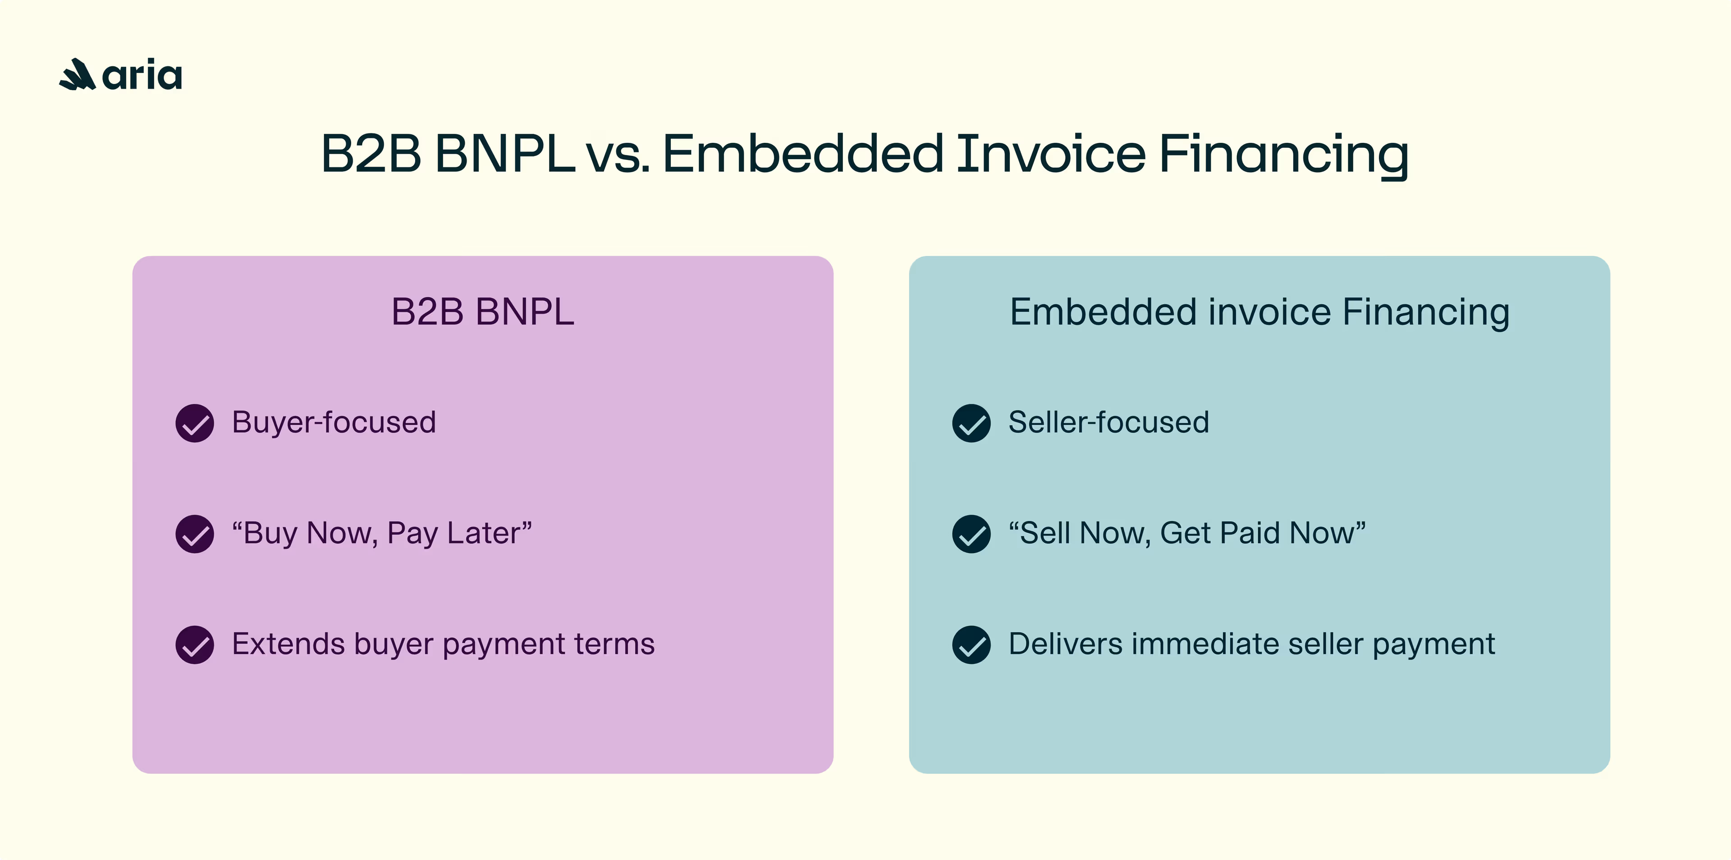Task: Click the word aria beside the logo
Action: [x=142, y=75]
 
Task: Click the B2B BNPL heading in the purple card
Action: [x=482, y=312]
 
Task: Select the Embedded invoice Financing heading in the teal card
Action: [x=1259, y=312]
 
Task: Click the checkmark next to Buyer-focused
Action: [x=195, y=423]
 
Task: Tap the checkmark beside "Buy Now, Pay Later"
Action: [x=195, y=534]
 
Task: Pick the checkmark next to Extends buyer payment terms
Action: [x=195, y=645]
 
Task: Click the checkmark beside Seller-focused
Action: [x=971, y=423]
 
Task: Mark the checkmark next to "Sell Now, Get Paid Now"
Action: [x=971, y=534]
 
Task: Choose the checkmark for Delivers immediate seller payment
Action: [x=971, y=645]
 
